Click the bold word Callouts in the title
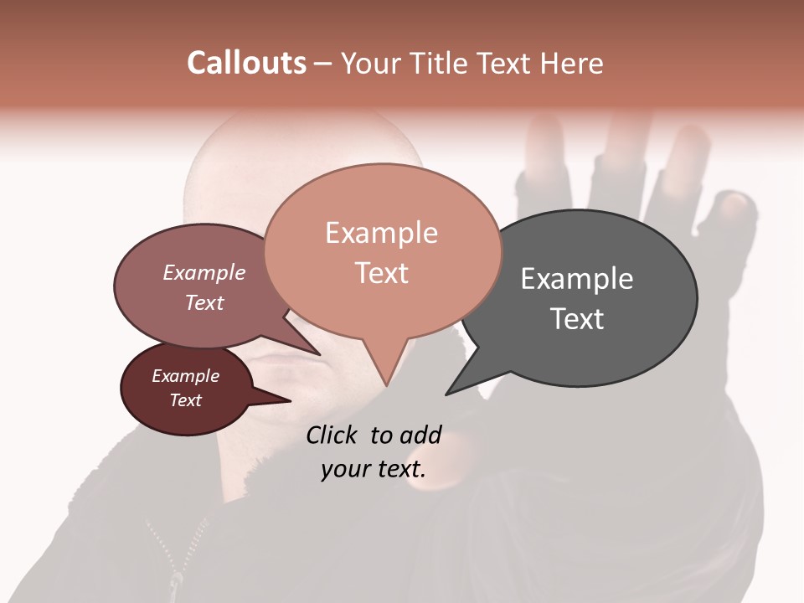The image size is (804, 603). coord(246,63)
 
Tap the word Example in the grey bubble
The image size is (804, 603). coord(576,279)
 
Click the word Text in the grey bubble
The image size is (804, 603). coord(576,319)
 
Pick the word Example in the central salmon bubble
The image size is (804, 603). coord(381,233)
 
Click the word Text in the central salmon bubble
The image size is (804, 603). coord(381,273)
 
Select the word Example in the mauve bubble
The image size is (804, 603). coord(204,273)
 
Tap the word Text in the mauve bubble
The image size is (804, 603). coord(204,302)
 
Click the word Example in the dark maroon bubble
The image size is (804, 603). coord(185,376)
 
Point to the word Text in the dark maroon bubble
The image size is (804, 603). coord(185,400)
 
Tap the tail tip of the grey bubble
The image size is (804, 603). coord(447,394)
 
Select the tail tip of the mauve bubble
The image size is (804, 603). coord(319,354)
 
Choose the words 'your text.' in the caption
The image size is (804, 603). coord(373,469)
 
